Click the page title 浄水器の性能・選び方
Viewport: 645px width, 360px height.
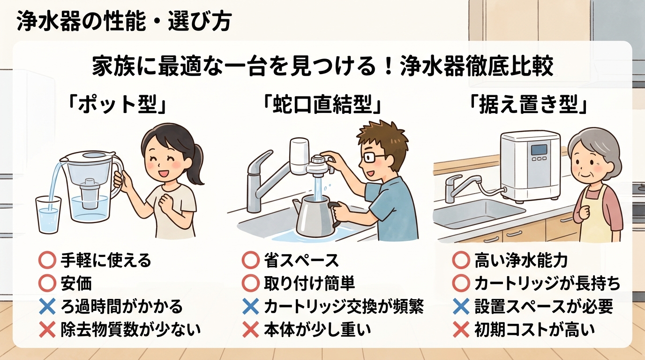point(124,22)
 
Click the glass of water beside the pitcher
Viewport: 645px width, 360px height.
point(48,215)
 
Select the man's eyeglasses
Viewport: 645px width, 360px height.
point(373,157)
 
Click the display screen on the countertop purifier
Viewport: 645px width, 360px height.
point(539,150)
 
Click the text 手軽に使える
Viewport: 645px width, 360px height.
point(106,260)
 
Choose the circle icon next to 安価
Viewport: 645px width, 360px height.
point(47,284)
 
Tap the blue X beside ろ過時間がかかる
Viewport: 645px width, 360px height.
point(47,307)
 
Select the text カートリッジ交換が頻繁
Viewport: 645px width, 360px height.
point(344,307)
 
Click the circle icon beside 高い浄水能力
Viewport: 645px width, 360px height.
point(461,261)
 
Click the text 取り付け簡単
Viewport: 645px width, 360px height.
point(309,284)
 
